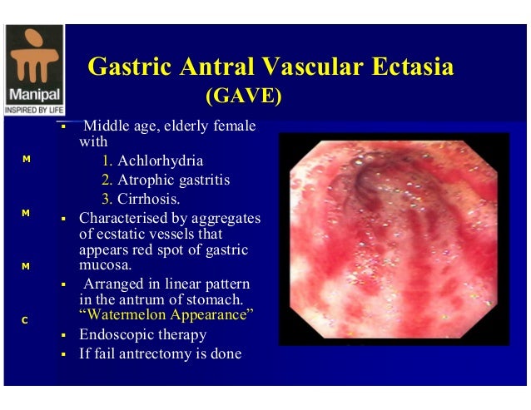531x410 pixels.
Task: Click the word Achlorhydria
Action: click(160, 161)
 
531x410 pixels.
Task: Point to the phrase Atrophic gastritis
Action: click(173, 180)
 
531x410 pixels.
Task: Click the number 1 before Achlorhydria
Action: click(106, 161)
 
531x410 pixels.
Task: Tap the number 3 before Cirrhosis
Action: click(106, 199)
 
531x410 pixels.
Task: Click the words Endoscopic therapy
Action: click(142, 334)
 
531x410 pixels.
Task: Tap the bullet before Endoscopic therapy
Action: click(63, 335)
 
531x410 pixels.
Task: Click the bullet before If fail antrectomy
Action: click(63, 354)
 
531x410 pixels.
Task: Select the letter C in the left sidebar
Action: click(26, 320)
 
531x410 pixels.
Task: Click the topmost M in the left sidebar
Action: click(26, 159)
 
